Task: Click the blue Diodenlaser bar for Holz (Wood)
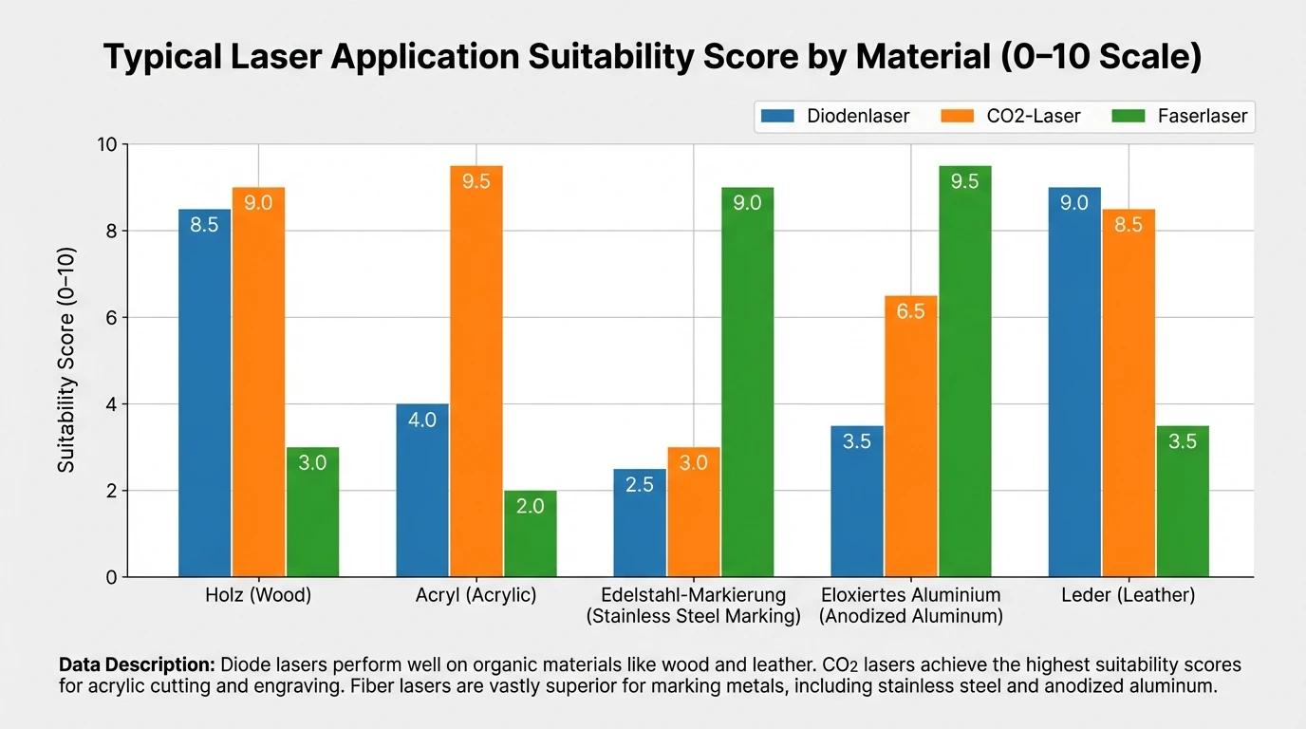[x=205, y=393]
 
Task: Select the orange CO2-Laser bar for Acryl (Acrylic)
[x=476, y=371]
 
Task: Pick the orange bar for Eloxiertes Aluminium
[x=910, y=437]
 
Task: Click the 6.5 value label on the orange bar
[x=910, y=311]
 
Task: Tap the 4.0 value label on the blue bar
[x=422, y=420]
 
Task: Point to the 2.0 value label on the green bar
[x=531, y=507]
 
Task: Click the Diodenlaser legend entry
[x=836, y=117]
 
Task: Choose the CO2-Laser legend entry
[x=1011, y=117]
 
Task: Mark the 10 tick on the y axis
[x=105, y=144]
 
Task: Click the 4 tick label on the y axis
[x=110, y=404]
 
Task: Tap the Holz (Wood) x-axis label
[x=258, y=596]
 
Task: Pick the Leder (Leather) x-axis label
[x=1129, y=596]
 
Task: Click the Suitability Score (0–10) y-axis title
[x=66, y=360]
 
